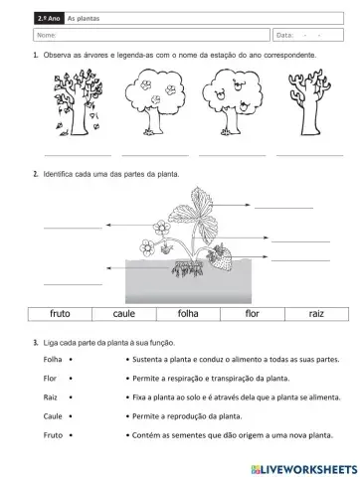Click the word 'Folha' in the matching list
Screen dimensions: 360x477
54,360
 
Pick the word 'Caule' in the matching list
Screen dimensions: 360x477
54,416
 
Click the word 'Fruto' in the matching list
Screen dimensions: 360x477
54,435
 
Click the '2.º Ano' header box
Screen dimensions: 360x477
46,18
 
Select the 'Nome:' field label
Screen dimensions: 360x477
46,36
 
